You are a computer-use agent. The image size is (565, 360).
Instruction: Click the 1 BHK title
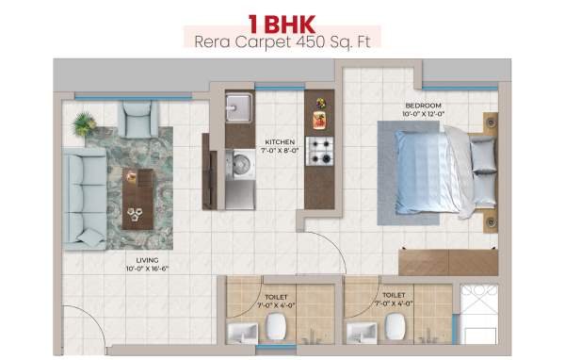[282, 25]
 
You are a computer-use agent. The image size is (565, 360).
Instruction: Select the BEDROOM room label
[424, 106]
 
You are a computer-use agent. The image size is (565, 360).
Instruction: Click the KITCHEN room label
[280, 142]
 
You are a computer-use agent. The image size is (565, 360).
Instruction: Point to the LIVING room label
[148, 260]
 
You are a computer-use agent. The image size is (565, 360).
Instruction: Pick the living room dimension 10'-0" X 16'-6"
[148, 269]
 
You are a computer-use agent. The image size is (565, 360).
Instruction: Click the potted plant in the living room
[84, 124]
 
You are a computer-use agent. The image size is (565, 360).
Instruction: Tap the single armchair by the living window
[137, 119]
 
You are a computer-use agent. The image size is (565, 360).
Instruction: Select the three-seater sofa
[85, 199]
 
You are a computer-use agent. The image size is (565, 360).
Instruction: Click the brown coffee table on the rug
[137, 199]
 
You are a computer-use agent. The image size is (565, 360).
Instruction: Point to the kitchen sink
[238, 107]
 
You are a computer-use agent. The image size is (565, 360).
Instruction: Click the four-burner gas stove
[319, 151]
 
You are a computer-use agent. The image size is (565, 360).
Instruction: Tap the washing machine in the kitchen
[241, 165]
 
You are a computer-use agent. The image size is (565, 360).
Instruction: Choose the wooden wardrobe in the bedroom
[448, 262]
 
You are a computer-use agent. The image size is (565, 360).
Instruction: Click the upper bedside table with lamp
[491, 123]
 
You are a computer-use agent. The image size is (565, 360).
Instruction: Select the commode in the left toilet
[276, 326]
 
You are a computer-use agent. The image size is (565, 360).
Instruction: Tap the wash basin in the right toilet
[362, 333]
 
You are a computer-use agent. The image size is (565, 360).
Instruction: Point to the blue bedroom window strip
[460, 88]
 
